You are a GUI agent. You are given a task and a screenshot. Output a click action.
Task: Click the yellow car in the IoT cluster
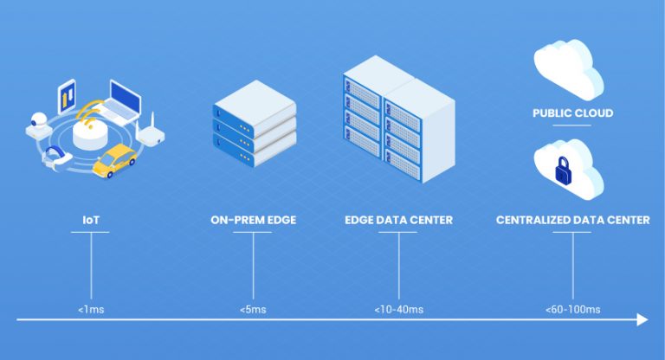[x=115, y=161]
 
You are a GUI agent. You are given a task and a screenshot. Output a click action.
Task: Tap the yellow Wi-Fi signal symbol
[x=88, y=115]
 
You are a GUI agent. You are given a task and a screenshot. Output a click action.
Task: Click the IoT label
[x=90, y=220]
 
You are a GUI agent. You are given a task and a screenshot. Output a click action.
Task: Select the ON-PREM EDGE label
[x=253, y=220]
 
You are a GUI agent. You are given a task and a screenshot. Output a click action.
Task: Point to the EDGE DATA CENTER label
[x=398, y=220]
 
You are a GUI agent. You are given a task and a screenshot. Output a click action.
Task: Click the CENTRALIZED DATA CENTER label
[x=572, y=220]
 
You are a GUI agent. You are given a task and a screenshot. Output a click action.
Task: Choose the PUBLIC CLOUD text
[x=572, y=113]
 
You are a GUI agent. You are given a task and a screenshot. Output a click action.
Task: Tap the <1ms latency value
[x=90, y=309]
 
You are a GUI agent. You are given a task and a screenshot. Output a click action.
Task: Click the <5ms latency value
[x=253, y=309]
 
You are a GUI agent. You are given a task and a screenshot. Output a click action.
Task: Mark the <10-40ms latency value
[x=399, y=309]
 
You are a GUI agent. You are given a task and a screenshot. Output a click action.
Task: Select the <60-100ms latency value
[x=572, y=309]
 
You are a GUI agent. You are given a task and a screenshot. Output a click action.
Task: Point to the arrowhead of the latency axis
[x=642, y=320]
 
